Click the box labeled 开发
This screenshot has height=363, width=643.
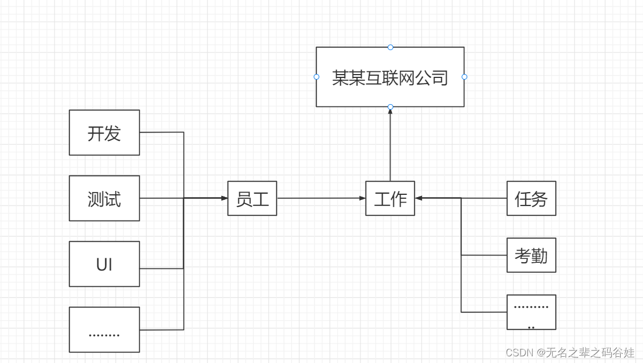click(104, 133)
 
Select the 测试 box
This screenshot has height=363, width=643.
click(104, 198)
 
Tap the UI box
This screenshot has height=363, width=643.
click(104, 264)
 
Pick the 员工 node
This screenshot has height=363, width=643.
click(252, 198)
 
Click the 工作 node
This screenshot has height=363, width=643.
click(390, 198)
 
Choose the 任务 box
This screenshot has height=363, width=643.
click(531, 198)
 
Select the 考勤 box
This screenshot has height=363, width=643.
click(531, 255)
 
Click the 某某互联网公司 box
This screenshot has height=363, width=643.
click(390, 77)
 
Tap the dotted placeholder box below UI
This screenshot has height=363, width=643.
click(104, 330)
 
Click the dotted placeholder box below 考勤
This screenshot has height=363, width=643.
click(531, 312)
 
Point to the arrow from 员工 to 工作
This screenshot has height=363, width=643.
click(321, 198)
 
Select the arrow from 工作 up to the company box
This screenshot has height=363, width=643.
click(390, 145)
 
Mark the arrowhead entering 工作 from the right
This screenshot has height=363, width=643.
click(419, 198)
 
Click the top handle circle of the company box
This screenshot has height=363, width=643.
click(390, 47)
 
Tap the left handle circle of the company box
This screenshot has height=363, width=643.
click(316, 77)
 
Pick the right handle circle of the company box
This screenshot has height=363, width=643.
click(464, 77)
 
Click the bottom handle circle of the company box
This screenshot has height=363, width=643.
click(390, 107)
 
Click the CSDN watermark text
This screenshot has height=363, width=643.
click(570, 352)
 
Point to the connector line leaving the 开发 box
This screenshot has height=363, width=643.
click(161, 133)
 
